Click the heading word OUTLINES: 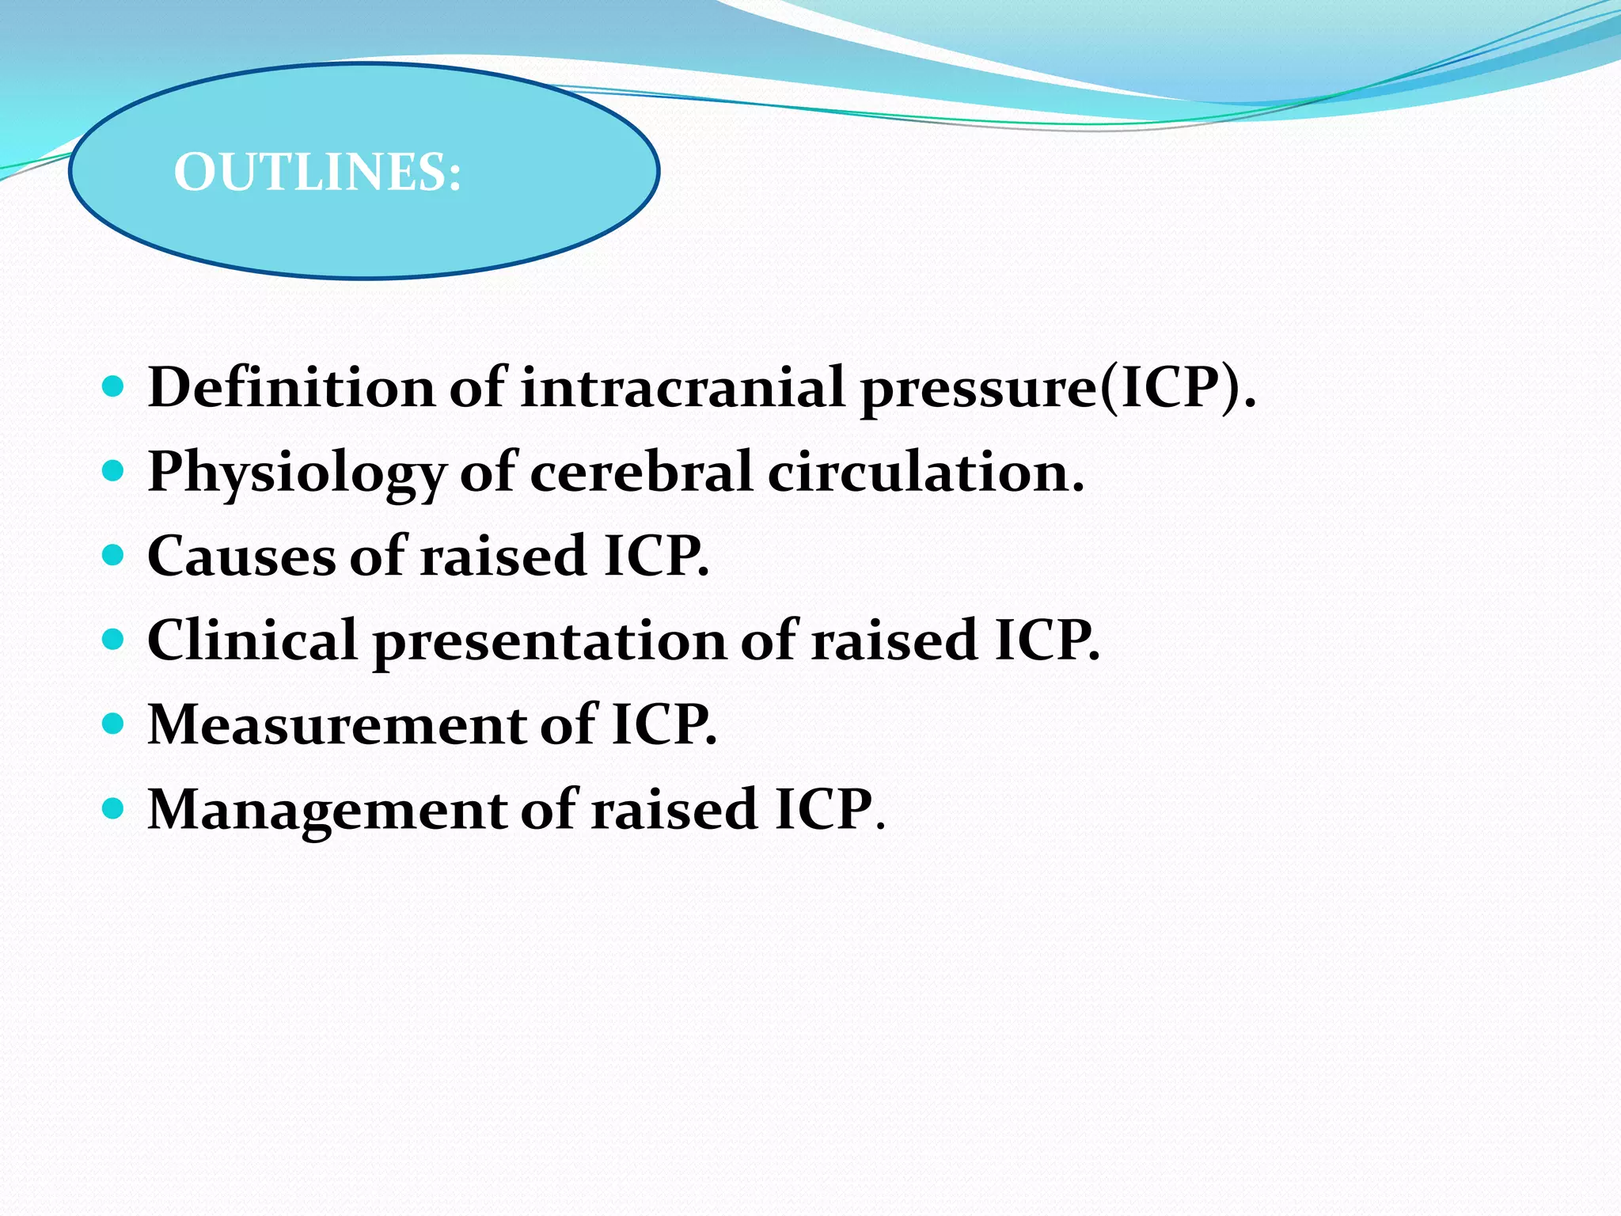(x=317, y=172)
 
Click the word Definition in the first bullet (x=291, y=388)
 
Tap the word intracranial (x=682, y=388)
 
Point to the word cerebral (x=640, y=473)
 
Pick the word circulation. (x=925, y=473)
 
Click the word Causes (x=241, y=556)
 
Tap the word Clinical (x=252, y=640)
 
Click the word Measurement (x=336, y=725)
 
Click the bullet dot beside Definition (x=114, y=386)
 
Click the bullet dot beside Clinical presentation (x=114, y=640)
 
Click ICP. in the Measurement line (x=664, y=725)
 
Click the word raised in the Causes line (x=503, y=556)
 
